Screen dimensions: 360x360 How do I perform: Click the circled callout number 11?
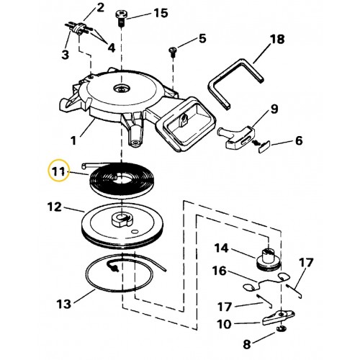pyautogui.click(x=59, y=172)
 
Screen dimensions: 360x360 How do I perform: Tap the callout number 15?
pyautogui.click(x=161, y=13)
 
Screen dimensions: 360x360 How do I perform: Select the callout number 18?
pyautogui.click(x=277, y=39)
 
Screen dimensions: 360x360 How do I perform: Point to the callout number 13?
pyautogui.click(x=64, y=304)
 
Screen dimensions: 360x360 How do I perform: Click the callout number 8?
pyautogui.click(x=247, y=344)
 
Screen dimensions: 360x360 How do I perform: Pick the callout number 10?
pyautogui.click(x=224, y=324)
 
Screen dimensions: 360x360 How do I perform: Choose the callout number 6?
pyautogui.click(x=299, y=140)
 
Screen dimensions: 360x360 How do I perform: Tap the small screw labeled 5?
pyautogui.click(x=173, y=52)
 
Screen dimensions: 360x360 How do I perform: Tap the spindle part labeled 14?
pyautogui.click(x=269, y=260)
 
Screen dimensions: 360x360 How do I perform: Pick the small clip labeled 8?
pyautogui.click(x=280, y=328)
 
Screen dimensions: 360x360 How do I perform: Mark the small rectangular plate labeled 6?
pyautogui.click(x=264, y=146)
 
